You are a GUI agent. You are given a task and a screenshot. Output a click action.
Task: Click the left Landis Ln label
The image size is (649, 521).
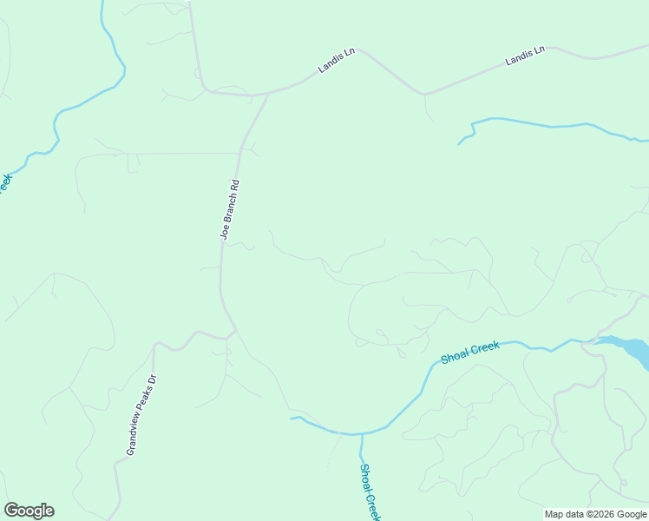338,60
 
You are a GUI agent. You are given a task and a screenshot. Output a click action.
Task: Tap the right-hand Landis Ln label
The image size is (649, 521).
525,56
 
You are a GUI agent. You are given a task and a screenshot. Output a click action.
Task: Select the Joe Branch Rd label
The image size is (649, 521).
229,209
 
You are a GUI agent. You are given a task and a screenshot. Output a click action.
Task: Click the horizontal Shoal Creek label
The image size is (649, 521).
470,352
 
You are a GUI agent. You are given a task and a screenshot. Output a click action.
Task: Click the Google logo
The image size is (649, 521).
29,511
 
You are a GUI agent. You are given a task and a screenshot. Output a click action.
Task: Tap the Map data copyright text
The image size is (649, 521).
594,514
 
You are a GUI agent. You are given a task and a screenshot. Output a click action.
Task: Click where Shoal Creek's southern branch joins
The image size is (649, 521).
361,433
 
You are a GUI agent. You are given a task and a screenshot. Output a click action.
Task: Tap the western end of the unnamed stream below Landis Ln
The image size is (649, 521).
458,143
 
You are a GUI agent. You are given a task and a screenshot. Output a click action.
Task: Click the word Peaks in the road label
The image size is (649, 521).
141,408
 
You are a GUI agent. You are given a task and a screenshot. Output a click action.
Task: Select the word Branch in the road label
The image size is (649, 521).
230,205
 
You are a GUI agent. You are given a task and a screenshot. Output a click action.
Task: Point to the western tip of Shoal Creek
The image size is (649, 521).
291,419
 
